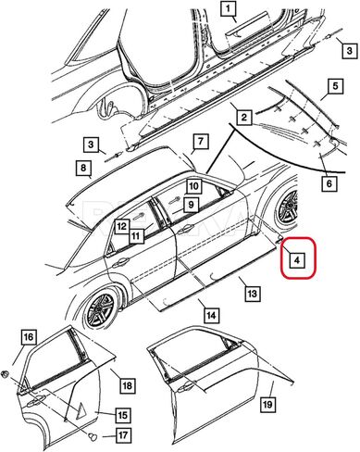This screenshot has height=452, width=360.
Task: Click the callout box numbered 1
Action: (x=229, y=9)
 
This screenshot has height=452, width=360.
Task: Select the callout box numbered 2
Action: (x=244, y=118)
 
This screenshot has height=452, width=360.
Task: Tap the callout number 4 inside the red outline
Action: (x=296, y=260)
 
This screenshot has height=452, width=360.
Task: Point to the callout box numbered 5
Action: (x=335, y=86)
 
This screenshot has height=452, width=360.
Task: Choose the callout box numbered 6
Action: (x=329, y=183)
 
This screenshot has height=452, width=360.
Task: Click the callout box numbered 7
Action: (x=201, y=142)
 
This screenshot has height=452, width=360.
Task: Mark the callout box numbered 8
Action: (x=83, y=168)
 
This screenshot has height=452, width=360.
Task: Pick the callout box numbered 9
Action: (x=192, y=204)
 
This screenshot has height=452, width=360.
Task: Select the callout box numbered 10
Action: (x=194, y=186)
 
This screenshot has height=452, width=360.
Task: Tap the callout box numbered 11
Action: (x=136, y=237)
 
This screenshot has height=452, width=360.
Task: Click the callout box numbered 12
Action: (x=122, y=226)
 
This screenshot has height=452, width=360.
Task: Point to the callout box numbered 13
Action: (x=252, y=294)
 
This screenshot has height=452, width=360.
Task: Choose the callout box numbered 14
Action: (x=211, y=316)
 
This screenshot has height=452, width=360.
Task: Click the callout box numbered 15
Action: (x=122, y=415)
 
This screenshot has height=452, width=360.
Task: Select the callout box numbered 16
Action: (x=29, y=337)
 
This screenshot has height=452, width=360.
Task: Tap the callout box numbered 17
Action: (x=123, y=435)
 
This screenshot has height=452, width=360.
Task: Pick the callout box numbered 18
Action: (x=128, y=385)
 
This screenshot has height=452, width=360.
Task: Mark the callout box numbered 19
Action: (x=267, y=404)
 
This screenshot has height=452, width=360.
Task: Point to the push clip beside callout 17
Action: (x=92, y=436)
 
